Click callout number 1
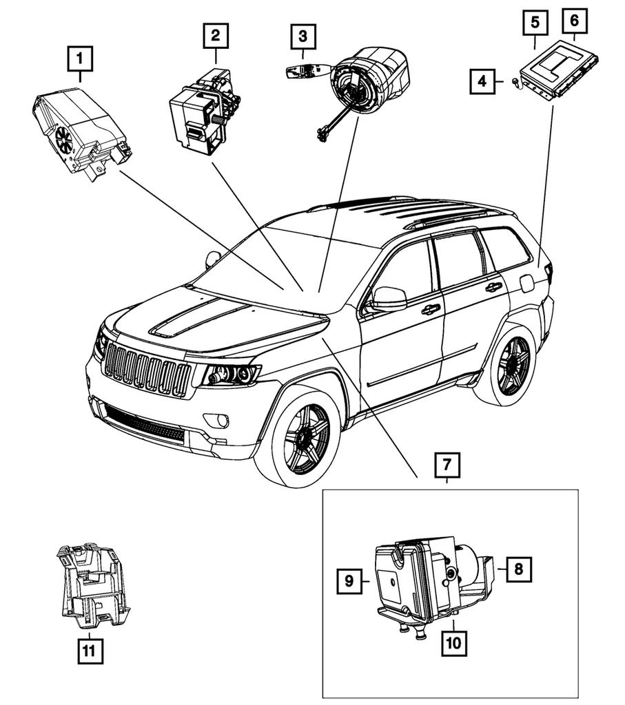click(81, 59)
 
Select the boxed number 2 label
click(216, 34)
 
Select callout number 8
click(519, 569)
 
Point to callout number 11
click(90, 650)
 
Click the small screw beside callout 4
click(515, 82)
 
